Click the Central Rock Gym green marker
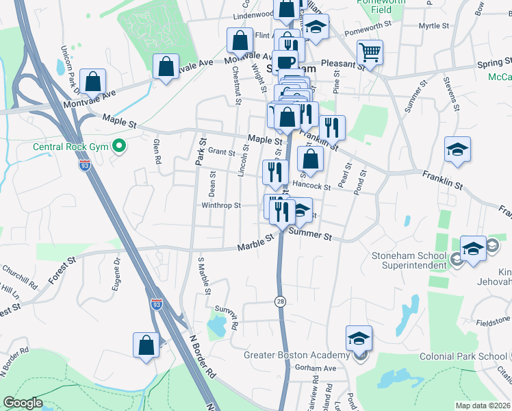pos(118,146)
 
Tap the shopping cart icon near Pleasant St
pos(370,51)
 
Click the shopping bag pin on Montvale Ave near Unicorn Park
pos(92,81)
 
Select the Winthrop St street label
pos(221,205)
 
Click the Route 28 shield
pos(279,301)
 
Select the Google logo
pos(23,403)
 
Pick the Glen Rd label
pos(157,151)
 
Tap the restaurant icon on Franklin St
pos(332,127)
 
